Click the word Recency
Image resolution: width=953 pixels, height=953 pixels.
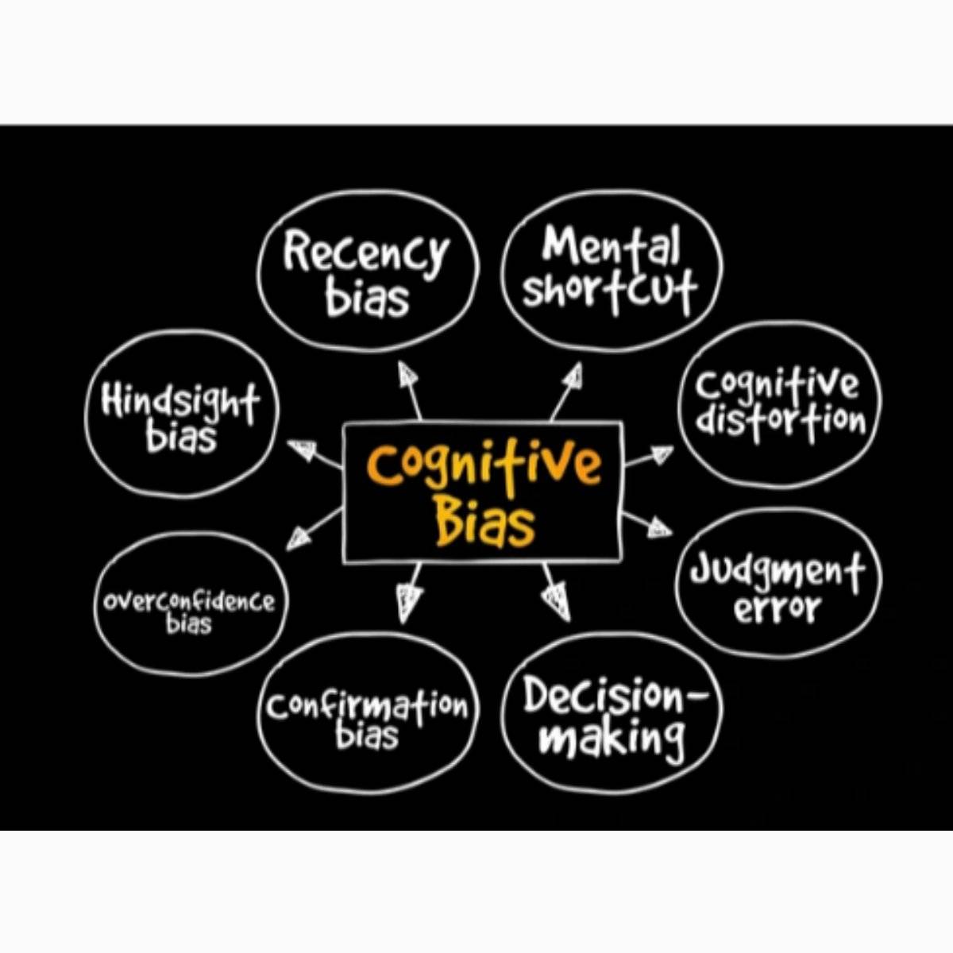click(x=366, y=253)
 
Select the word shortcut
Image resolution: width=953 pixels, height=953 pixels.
click(x=609, y=290)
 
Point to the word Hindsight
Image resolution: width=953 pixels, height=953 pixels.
click(x=180, y=402)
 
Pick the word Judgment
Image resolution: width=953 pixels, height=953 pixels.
click(x=777, y=570)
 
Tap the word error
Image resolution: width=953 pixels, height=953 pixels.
click(x=777, y=610)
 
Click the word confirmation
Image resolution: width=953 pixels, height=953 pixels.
click(x=367, y=706)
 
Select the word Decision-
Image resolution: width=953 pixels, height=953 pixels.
click(x=614, y=697)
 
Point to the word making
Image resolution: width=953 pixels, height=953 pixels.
click(x=612, y=739)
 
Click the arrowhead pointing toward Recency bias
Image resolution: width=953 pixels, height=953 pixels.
click(x=407, y=374)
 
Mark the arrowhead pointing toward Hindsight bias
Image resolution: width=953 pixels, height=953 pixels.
click(x=300, y=450)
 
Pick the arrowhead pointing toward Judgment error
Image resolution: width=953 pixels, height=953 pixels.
click(x=658, y=527)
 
